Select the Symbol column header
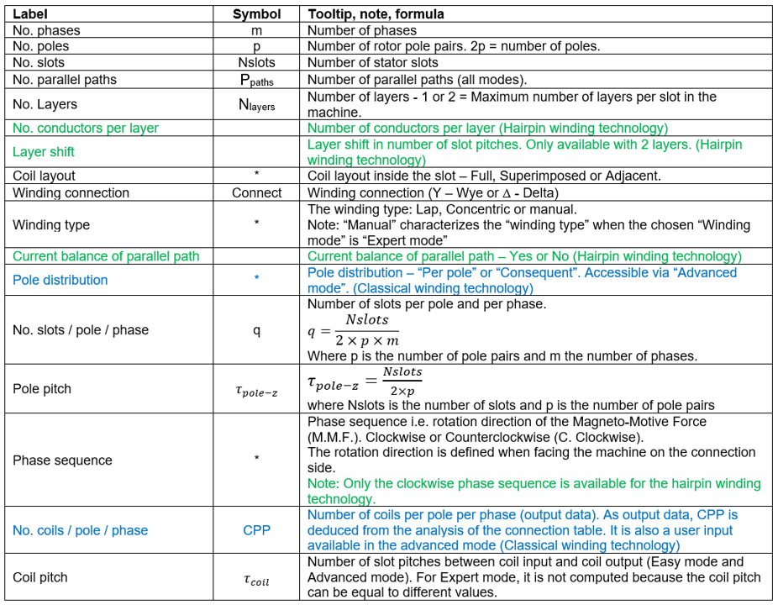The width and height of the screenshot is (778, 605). pos(256,14)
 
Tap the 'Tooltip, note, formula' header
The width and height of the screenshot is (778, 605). pos(376,14)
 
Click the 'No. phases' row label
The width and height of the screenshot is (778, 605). pos(46,30)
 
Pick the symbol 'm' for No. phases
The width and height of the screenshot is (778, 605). pos(256,30)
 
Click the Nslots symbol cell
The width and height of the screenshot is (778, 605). pos(256,62)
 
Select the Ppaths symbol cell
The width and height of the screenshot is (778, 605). pos(256,81)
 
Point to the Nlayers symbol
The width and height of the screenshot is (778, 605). pos(256,105)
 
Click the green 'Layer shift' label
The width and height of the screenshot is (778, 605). pos(44,152)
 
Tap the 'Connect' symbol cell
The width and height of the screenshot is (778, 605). pos(256,192)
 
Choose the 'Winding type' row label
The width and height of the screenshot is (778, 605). pos(51,224)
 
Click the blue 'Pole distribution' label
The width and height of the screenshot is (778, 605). pos(60,280)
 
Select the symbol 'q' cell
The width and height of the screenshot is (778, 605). pos(256,330)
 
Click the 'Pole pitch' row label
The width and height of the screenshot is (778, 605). pos(42,389)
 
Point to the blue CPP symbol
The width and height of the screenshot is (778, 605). pos(256,530)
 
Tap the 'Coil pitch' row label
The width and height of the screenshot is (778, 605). pos(40,577)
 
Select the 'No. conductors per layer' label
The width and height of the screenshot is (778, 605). pos(86,128)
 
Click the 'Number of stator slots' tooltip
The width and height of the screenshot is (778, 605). pos(372,62)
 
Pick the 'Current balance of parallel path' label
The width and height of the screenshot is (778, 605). pos(106,256)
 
